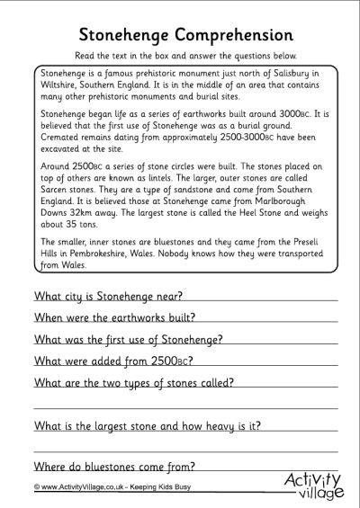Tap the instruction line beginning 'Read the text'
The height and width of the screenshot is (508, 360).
click(180, 55)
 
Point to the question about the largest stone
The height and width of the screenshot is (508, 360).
click(153, 424)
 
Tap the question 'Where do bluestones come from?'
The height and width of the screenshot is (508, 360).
click(114, 466)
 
